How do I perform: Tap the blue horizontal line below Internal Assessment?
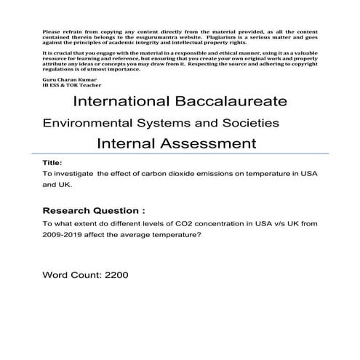pos(182,153)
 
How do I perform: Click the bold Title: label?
pos(53,164)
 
